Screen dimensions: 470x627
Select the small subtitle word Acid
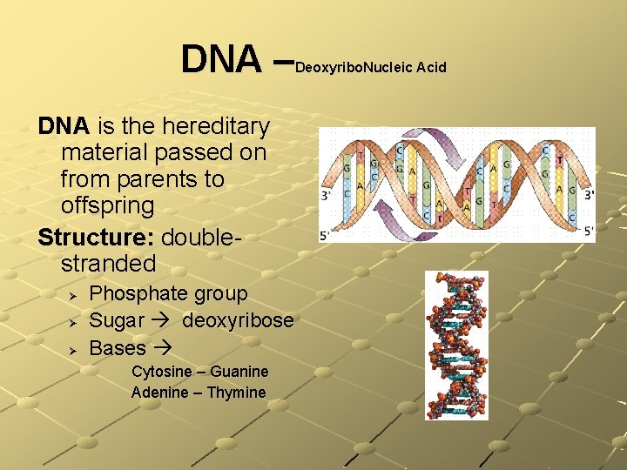431,67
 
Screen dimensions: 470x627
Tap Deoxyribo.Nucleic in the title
354,67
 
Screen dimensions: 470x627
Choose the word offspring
107,206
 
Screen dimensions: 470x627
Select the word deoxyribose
237,320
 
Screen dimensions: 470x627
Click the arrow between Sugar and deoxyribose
162,321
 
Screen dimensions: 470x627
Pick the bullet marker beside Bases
74,349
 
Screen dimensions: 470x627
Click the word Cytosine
162,372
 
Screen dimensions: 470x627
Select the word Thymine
236,393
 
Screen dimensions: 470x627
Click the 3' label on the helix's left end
327,195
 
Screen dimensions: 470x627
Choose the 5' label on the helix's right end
589,231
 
